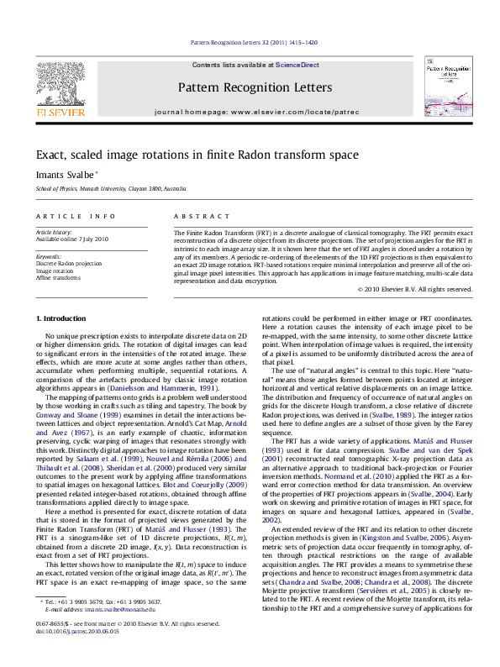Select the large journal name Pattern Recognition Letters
[255, 87]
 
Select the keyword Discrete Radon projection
[67, 263]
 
